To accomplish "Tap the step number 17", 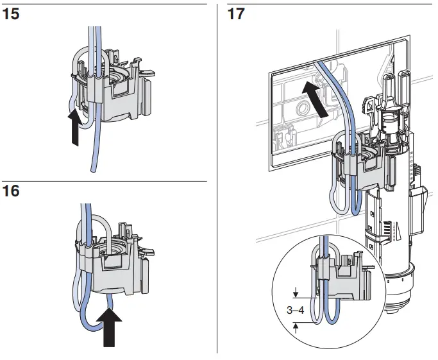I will (x=237, y=13).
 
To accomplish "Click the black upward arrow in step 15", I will (x=76, y=127).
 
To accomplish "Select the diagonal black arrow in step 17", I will (x=313, y=97).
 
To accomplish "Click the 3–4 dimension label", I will (x=296, y=310).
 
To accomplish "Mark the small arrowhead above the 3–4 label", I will (x=296, y=295).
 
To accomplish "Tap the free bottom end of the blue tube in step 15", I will (x=94, y=169).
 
